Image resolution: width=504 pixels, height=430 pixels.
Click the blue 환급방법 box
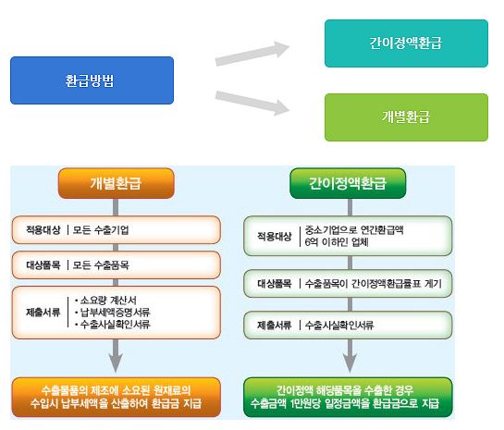coord(92,80)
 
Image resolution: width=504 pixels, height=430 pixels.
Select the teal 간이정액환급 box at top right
coord(406,43)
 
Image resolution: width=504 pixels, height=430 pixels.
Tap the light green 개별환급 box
coord(406,117)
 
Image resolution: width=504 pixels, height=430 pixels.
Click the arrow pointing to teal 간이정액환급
coord(252,54)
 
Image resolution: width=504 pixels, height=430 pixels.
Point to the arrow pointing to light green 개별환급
coord(252,103)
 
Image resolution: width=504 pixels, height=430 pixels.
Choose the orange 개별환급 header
coord(116,183)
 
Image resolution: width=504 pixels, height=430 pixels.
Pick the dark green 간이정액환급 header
coord(348,183)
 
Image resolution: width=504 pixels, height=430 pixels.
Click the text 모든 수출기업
coord(101,229)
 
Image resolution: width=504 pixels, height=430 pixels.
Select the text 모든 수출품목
coord(101,265)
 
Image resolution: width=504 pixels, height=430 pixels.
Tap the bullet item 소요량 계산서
coord(105,301)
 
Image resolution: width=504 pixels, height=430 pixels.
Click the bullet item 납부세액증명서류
coord(113,312)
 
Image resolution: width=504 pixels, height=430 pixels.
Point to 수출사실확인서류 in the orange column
coord(113,324)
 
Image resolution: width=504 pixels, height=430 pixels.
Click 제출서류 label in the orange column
coord(43,312)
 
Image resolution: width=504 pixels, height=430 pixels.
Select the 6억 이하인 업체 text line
coord(337,242)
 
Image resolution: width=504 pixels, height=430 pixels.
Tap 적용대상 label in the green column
coord(275,237)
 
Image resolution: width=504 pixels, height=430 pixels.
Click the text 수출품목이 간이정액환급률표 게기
coord(374,284)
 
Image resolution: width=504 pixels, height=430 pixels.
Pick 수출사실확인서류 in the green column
coord(339,326)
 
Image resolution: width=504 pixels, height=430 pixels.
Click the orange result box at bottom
coord(117,398)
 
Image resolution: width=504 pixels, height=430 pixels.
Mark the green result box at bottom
coord(348,398)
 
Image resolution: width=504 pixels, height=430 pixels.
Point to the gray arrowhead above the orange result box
coord(116,363)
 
